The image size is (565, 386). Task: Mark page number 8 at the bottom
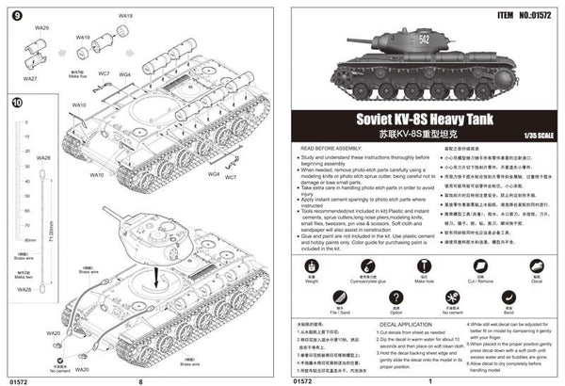pos(140,381)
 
